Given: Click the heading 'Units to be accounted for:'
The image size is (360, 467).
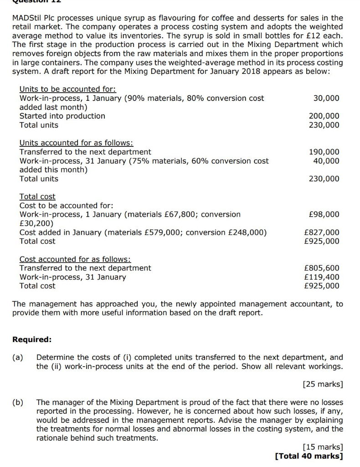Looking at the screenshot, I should [68, 89].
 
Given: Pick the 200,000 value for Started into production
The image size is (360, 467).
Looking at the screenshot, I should [324, 116].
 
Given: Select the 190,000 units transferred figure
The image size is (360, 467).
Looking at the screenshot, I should [324, 152].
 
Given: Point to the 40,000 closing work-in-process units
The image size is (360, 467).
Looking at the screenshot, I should [326, 161].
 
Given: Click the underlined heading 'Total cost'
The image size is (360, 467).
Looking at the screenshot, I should [37, 197].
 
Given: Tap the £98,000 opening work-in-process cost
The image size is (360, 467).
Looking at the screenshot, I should [324, 214].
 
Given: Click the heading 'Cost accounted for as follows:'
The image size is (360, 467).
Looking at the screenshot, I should [75, 259].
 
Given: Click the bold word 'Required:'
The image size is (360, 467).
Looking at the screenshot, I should [32, 340].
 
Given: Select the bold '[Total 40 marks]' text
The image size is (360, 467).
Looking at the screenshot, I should [309, 456].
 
